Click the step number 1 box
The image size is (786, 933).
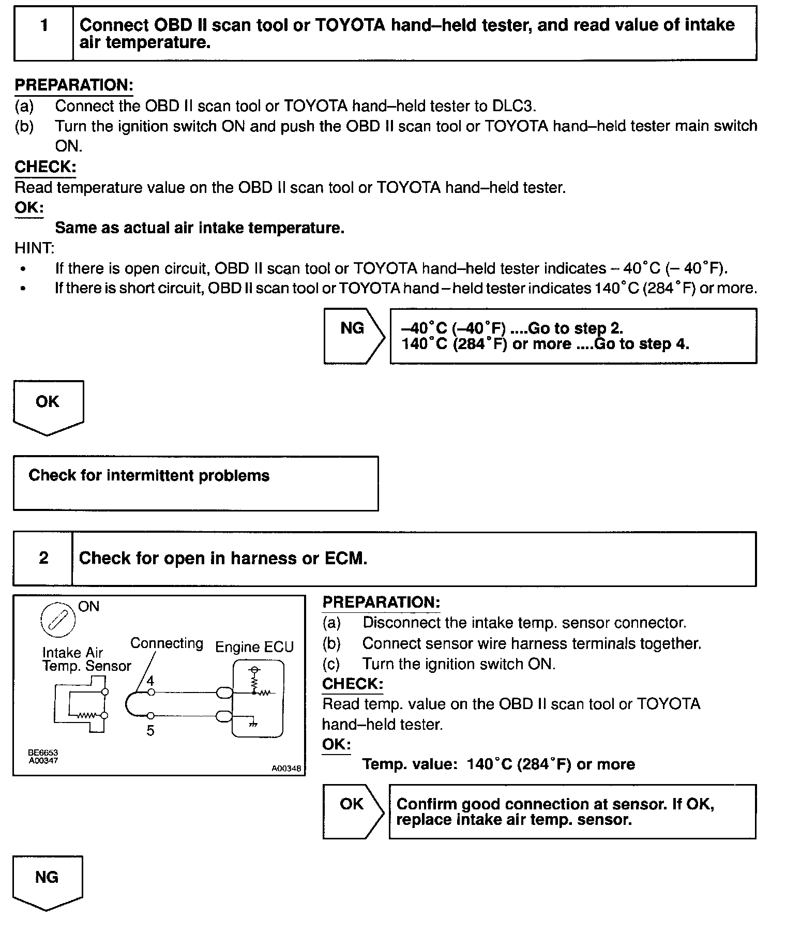click(x=44, y=33)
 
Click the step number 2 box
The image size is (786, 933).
click(x=43, y=559)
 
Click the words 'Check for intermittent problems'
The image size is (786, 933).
click(x=149, y=476)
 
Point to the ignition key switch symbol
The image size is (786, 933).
click(x=58, y=620)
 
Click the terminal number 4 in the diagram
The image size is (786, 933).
click(x=150, y=681)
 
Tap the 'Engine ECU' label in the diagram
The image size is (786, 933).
click(x=254, y=647)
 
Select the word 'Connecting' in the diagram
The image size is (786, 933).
click(x=167, y=643)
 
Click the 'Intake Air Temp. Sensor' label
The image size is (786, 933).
click(x=87, y=659)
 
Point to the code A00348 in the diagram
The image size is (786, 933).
click(x=286, y=769)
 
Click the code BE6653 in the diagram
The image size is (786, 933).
click(x=43, y=753)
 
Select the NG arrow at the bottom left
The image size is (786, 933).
click(x=47, y=883)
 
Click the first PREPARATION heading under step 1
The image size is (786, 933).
click(x=74, y=85)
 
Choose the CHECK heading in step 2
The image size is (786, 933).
click(x=353, y=684)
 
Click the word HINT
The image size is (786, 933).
click(x=34, y=248)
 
